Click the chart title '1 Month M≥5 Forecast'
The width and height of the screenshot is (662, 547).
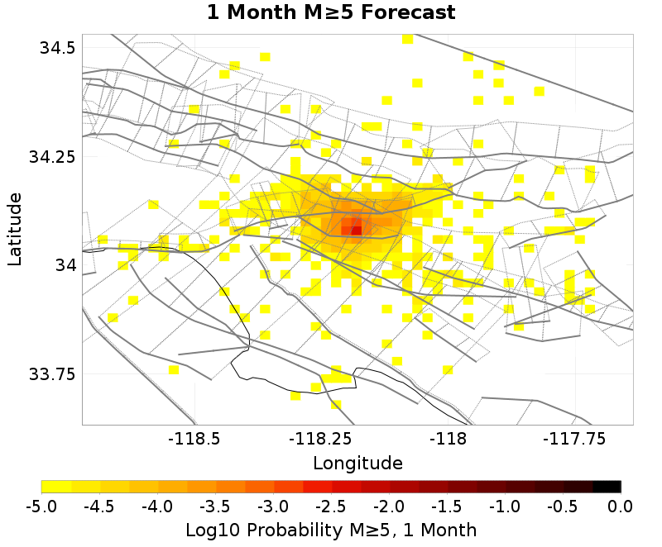(331, 13)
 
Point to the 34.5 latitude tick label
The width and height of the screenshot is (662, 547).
(58, 47)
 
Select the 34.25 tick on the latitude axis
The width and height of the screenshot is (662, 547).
(52, 156)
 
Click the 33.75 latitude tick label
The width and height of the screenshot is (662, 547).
(52, 373)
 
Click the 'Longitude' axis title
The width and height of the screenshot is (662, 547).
(357, 463)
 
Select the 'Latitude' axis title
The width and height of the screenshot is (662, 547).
(15, 229)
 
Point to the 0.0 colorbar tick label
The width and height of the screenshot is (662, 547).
(621, 505)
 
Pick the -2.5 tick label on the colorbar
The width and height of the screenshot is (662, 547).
(331, 505)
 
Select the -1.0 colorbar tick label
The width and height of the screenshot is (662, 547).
(505, 505)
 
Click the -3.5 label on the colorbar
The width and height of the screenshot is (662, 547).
(215, 505)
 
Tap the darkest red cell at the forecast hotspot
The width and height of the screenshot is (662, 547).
(356, 230)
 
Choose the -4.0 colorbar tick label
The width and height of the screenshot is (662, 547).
(157, 505)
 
